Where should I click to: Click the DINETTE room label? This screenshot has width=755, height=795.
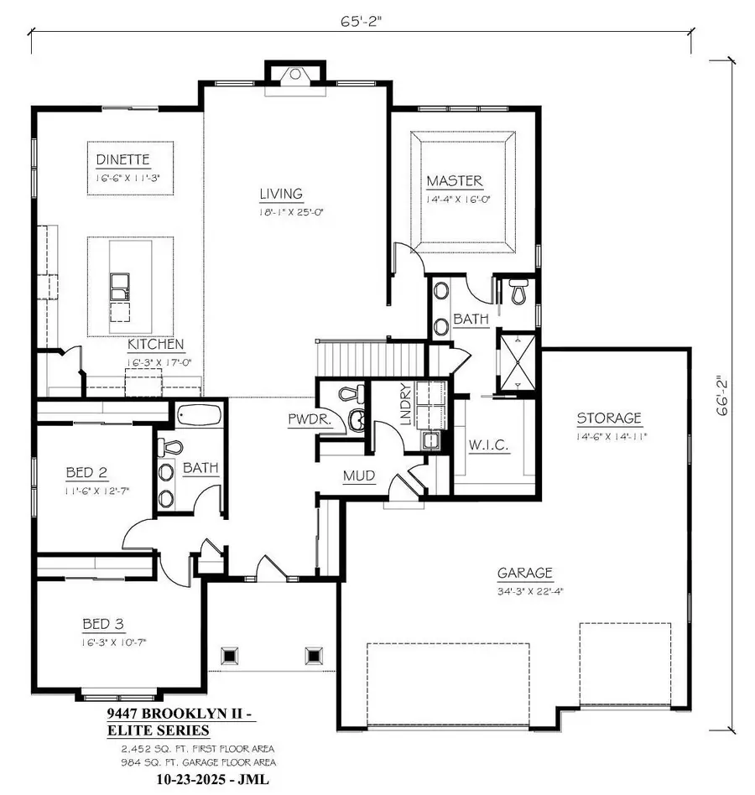click(x=122, y=158)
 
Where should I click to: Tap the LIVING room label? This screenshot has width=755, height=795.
click(x=280, y=195)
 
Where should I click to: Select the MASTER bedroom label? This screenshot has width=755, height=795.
click(x=454, y=181)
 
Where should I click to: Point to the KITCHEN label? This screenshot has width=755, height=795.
click(x=156, y=345)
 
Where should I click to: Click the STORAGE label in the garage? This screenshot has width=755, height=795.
click(x=609, y=418)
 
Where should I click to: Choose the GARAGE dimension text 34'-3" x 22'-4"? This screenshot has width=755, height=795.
click(x=525, y=591)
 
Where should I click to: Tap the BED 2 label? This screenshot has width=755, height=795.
click(x=87, y=472)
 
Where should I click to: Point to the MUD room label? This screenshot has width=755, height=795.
click(x=358, y=476)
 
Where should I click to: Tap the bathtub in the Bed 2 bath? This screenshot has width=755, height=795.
click(x=199, y=415)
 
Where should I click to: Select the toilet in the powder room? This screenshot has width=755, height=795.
click(x=351, y=392)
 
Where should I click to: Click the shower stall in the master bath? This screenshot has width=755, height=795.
click(x=515, y=361)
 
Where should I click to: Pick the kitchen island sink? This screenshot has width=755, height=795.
click(x=119, y=286)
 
